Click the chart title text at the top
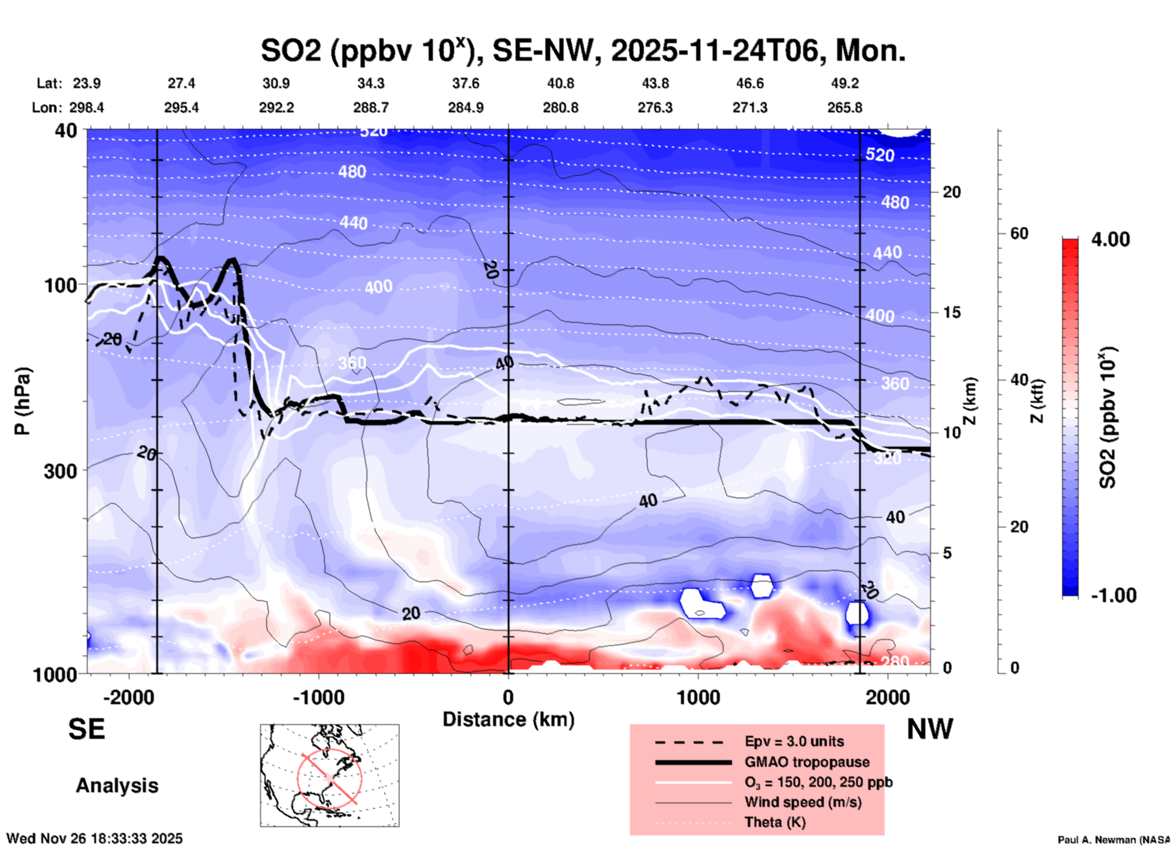click(582, 50)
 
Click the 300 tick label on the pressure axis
click(60, 471)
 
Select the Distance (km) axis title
click(508, 719)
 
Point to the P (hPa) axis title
click(22, 401)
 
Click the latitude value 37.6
click(466, 83)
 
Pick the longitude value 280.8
click(560, 108)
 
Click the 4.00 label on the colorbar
click(1110, 239)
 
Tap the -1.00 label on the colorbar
click(1113, 595)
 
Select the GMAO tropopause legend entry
click(807, 762)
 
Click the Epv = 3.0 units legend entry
click(794, 742)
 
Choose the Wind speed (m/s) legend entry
click(803, 803)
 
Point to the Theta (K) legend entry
click(775, 823)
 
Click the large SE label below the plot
click(86, 729)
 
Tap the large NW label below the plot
click(930, 729)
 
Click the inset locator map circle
click(330, 778)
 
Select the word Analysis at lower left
click(117, 786)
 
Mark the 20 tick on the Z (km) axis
click(952, 193)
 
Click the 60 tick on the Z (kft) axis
click(1019, 233)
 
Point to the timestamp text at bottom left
click(94, 838)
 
